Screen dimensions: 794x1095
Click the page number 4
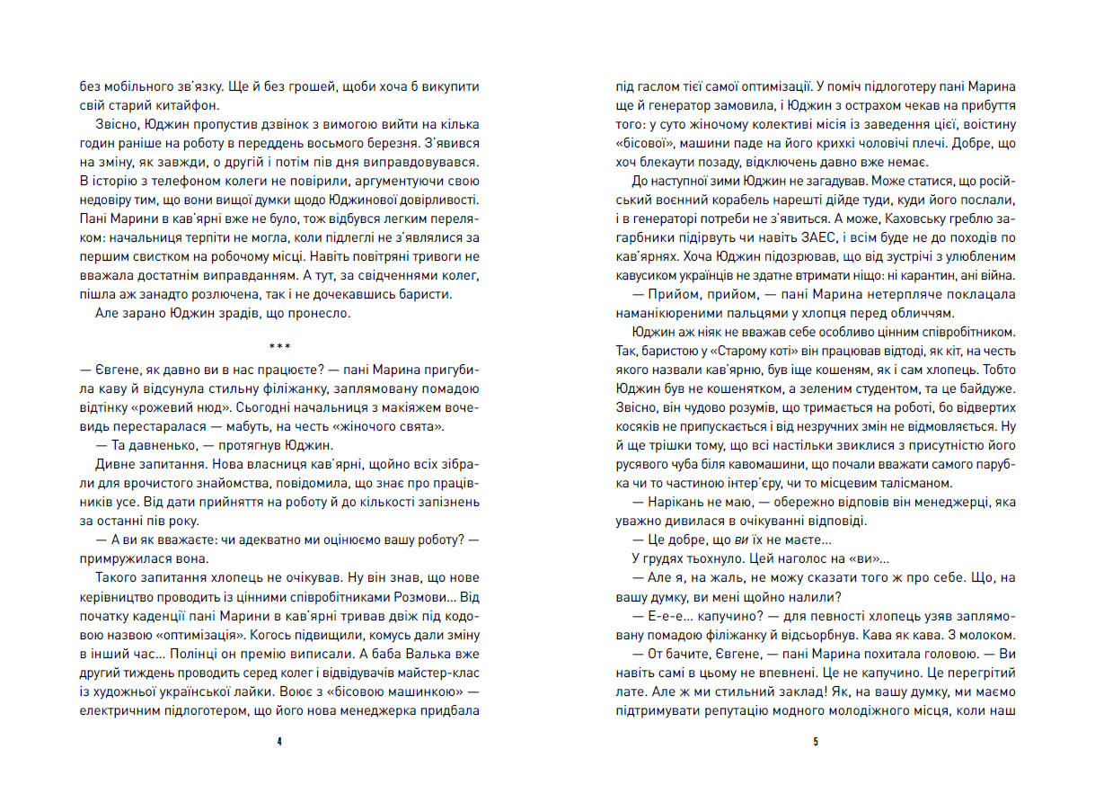pyautogui.click(x=280, y=742)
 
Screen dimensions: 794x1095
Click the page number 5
pyautogui.click(x=814, y=742)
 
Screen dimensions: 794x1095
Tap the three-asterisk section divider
pyautogui.click(x=280, y=345)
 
